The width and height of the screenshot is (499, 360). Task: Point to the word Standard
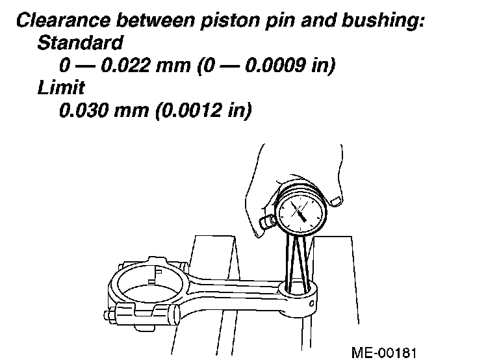point(80,44)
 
